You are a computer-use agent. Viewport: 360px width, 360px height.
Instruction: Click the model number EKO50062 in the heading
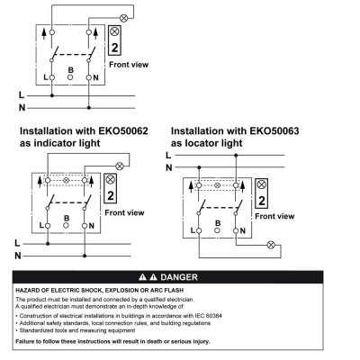pos(123,131)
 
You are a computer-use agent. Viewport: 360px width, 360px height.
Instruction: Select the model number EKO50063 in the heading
pos(274,131)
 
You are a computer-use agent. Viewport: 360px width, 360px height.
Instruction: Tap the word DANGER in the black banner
pos(179,277)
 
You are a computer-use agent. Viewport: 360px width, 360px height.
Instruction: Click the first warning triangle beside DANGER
pos(142,277)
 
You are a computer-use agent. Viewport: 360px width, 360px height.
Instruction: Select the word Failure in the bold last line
pos(25,341)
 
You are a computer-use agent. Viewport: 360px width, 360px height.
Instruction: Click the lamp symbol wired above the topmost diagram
pos(123,18)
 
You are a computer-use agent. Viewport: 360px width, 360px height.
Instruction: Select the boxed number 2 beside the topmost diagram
pos(114,48)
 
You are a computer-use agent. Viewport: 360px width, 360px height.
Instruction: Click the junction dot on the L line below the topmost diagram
pos(52,95)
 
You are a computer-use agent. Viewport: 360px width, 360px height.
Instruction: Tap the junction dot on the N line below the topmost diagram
pos(88,108)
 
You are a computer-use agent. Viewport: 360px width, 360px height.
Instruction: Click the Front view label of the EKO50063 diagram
pos(274,216)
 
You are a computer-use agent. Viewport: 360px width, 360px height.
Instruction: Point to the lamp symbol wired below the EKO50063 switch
pos(271,245)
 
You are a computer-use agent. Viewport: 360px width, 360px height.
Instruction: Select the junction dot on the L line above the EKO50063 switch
pos(236,156)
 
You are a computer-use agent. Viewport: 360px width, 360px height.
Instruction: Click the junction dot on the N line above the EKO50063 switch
pos(199,167)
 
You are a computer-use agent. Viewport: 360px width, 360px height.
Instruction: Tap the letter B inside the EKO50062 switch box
pos(67,218)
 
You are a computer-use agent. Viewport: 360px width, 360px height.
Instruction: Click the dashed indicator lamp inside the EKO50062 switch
pos(67,180)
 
